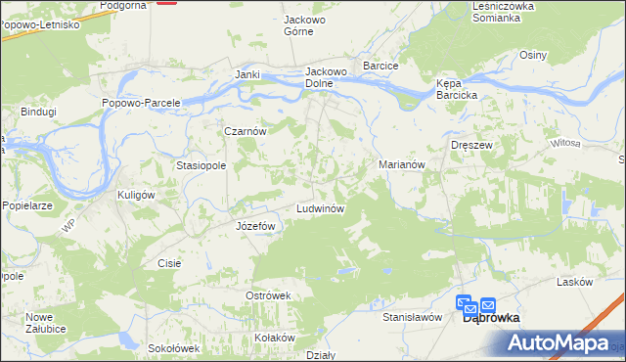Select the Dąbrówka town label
click(x=490, y=318)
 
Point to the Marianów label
click(x=401, y=165)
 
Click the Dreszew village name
click(x=469, y=145)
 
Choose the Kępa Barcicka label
click(x=456, y=89)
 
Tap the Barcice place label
click(x=380, y=66)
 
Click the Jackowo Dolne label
click(x=327, y=77)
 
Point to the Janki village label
click(x=246, y=75)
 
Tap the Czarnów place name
click(x=246, y=131)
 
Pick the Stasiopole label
click(x=201, y=166)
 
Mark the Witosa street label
click(x=565, y=144)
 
